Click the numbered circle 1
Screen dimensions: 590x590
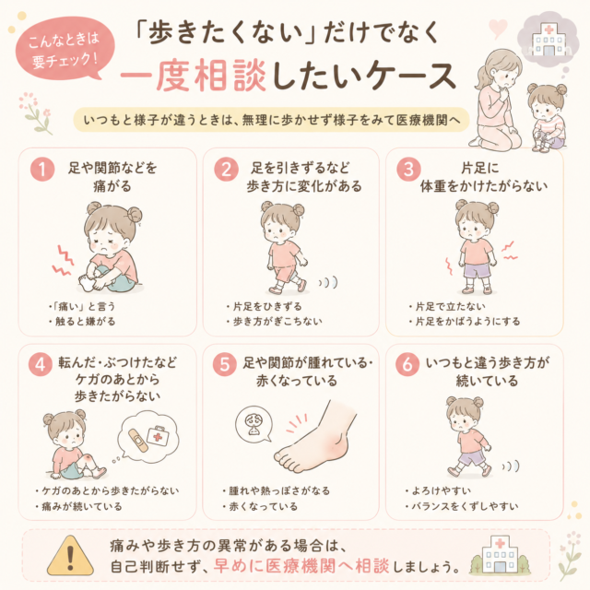42,169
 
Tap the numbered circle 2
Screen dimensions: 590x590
226,169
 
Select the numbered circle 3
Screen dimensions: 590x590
408,169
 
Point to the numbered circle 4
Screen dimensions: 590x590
41,364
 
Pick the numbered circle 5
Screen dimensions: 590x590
225,364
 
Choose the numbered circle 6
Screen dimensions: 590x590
407,364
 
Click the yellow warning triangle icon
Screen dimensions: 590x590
70,556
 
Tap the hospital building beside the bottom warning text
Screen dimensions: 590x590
500,555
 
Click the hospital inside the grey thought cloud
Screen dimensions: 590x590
549,40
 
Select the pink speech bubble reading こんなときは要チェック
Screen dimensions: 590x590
64,49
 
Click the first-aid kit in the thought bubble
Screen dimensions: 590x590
158,436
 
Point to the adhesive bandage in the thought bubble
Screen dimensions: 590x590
137,441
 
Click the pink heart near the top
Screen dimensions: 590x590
498,29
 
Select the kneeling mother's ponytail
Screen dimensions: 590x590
483,77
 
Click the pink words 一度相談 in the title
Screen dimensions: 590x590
193,76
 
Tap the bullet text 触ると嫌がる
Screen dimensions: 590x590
85,322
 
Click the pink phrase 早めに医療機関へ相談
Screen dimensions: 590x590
301,565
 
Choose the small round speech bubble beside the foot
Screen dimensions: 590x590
254,424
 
